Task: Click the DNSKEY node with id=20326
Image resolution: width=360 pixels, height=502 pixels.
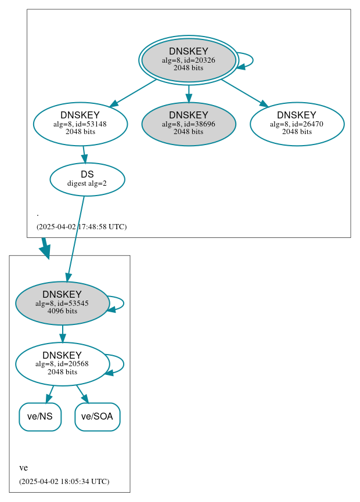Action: point(189,60)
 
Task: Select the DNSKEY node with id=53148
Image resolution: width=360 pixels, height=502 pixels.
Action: point(80,124)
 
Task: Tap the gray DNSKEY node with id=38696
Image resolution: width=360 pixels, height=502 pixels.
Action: point(189,124)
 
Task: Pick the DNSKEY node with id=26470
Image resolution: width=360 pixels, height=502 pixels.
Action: point(297,124)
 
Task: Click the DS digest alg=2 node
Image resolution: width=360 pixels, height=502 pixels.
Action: point(87,179)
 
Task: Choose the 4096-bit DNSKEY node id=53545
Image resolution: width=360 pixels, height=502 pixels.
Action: point(62,303)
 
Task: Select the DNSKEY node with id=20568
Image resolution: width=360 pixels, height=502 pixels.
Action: point(62,364)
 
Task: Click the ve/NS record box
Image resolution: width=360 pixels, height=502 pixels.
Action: point(40,417)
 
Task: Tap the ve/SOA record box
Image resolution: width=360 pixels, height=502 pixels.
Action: point(98,417)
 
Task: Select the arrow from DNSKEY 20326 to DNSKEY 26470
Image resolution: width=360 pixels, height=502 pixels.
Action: point(244,93)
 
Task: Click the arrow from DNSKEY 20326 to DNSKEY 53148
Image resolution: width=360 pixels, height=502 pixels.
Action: point(134,93)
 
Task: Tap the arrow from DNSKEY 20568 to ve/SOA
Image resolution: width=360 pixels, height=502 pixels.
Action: point(82,393)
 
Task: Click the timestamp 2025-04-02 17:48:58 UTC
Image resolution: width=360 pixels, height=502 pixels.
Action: point(81,227)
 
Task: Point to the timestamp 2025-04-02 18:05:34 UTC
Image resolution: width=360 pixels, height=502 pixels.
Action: point(64,482)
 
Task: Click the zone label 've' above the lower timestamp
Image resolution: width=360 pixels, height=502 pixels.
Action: point(24,468)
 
